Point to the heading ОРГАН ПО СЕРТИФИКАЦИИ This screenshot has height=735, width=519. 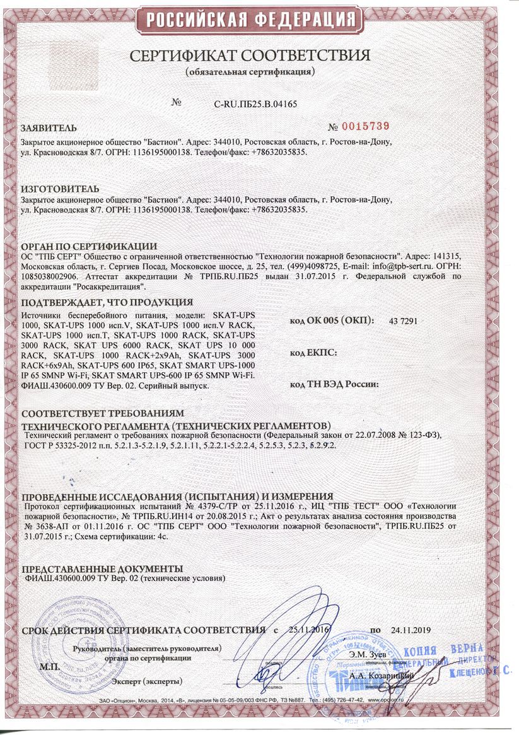(x=88, y=245)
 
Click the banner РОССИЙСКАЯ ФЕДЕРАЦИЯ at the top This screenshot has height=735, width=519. (x=259, y=20)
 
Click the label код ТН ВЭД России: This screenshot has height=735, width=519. (x=334, y=384)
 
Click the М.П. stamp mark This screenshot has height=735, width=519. (x=49, y=666)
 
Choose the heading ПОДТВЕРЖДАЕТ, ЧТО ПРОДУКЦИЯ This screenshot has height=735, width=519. (x=107, y=302)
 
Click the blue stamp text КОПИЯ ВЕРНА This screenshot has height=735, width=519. (x=442, y=650)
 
